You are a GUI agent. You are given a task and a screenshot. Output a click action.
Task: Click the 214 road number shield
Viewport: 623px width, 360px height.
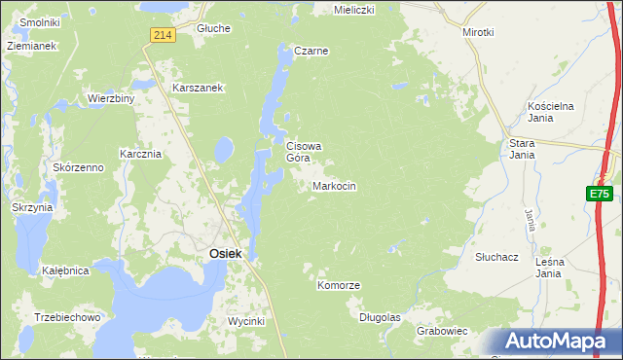[163, 35]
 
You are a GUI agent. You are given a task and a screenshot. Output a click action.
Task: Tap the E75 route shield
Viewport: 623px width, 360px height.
[599, 195]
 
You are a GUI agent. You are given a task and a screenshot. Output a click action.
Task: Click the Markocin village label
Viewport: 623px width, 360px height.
[334, 185]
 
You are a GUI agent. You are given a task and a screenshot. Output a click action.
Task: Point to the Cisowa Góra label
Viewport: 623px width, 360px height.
[303, 152]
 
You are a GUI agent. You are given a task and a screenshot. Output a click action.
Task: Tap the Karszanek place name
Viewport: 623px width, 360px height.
[199, 88]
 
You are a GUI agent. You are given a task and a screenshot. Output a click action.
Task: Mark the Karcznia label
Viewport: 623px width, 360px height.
[139, 154]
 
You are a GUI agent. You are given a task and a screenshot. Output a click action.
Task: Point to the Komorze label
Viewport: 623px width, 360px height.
[339, 285]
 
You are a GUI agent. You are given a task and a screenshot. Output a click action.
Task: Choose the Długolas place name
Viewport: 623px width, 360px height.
[380, 317]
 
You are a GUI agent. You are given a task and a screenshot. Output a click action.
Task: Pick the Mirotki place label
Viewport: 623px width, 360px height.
[478, 32]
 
